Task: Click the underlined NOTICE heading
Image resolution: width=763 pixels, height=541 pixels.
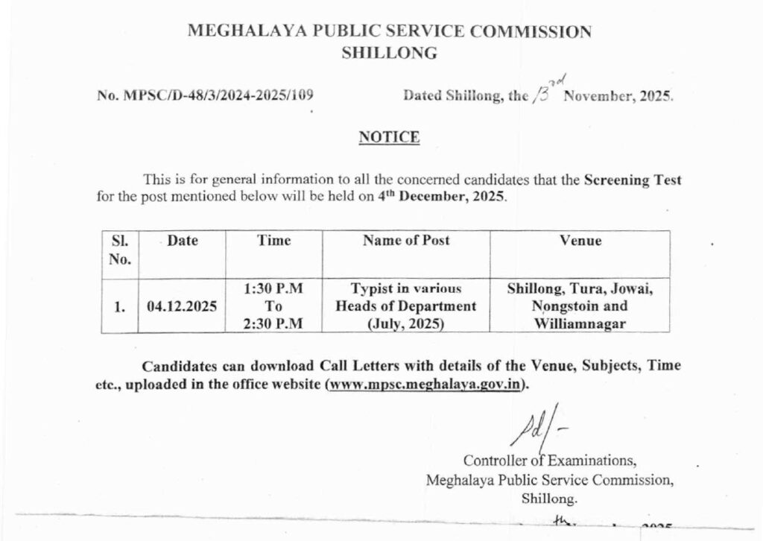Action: click(389, 137)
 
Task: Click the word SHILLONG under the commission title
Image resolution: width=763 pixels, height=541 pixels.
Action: click(389, 54)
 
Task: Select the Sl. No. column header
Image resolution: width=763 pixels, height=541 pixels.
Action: click(119, 250)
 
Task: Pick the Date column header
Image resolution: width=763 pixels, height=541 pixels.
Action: click(182, 241)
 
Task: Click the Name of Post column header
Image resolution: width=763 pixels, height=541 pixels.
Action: click(406, 241)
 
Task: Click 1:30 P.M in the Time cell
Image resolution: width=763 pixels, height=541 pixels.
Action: click(273, 288)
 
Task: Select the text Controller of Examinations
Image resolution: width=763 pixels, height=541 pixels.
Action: click(550, 458)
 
